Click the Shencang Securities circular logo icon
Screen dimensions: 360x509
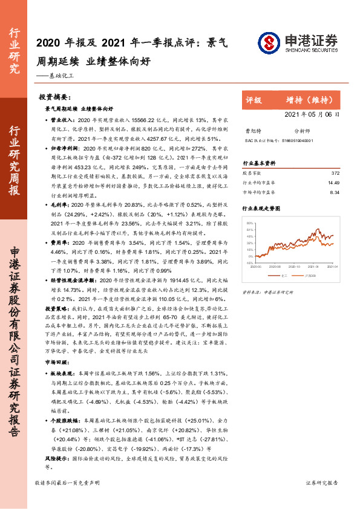point(269,42)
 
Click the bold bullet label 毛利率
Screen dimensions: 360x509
point(59,207)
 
